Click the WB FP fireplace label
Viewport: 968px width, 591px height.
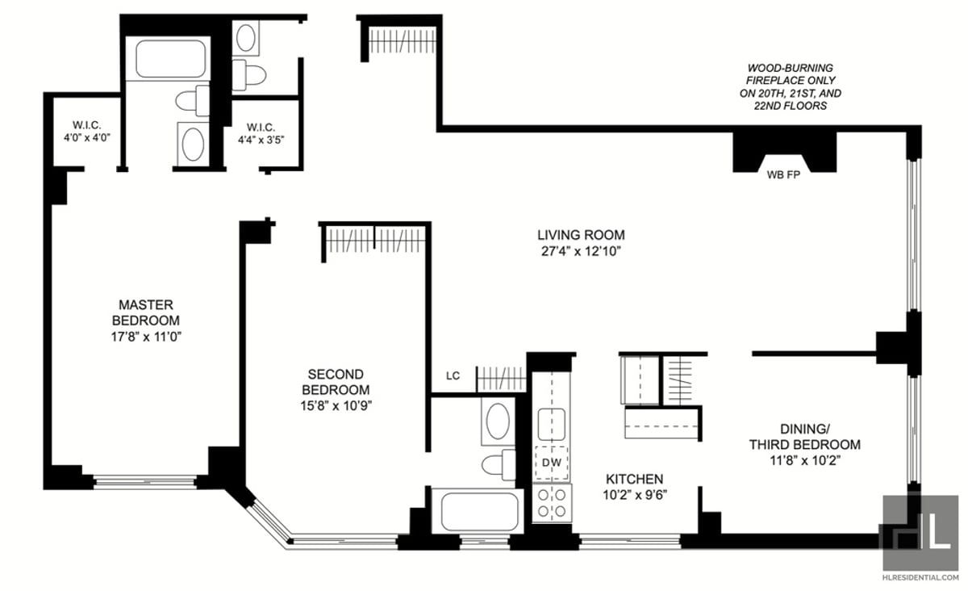[783, 174]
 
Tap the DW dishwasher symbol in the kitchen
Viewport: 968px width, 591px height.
[552, 463]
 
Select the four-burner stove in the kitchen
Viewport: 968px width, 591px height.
[552, 503]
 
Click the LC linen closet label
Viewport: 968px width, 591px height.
[453, 376]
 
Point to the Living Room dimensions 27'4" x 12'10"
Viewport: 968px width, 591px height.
[581, 251]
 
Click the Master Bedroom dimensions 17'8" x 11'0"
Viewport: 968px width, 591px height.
[146, 337]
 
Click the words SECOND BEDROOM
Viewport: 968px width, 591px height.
[336, 382]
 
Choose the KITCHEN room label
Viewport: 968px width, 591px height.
[634, 479]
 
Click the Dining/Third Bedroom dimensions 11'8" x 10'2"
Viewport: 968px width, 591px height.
[805, 461]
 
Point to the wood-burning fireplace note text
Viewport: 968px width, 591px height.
[791, 87]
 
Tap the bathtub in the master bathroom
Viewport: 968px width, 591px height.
[170, 59]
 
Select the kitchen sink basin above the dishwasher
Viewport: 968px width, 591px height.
[552, 425]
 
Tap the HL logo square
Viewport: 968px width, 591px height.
[920, 533]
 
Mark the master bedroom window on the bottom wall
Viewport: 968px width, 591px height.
[145, 482]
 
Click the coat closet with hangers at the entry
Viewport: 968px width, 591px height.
[403, 40]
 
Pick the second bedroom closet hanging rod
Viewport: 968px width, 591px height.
[375, 241]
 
